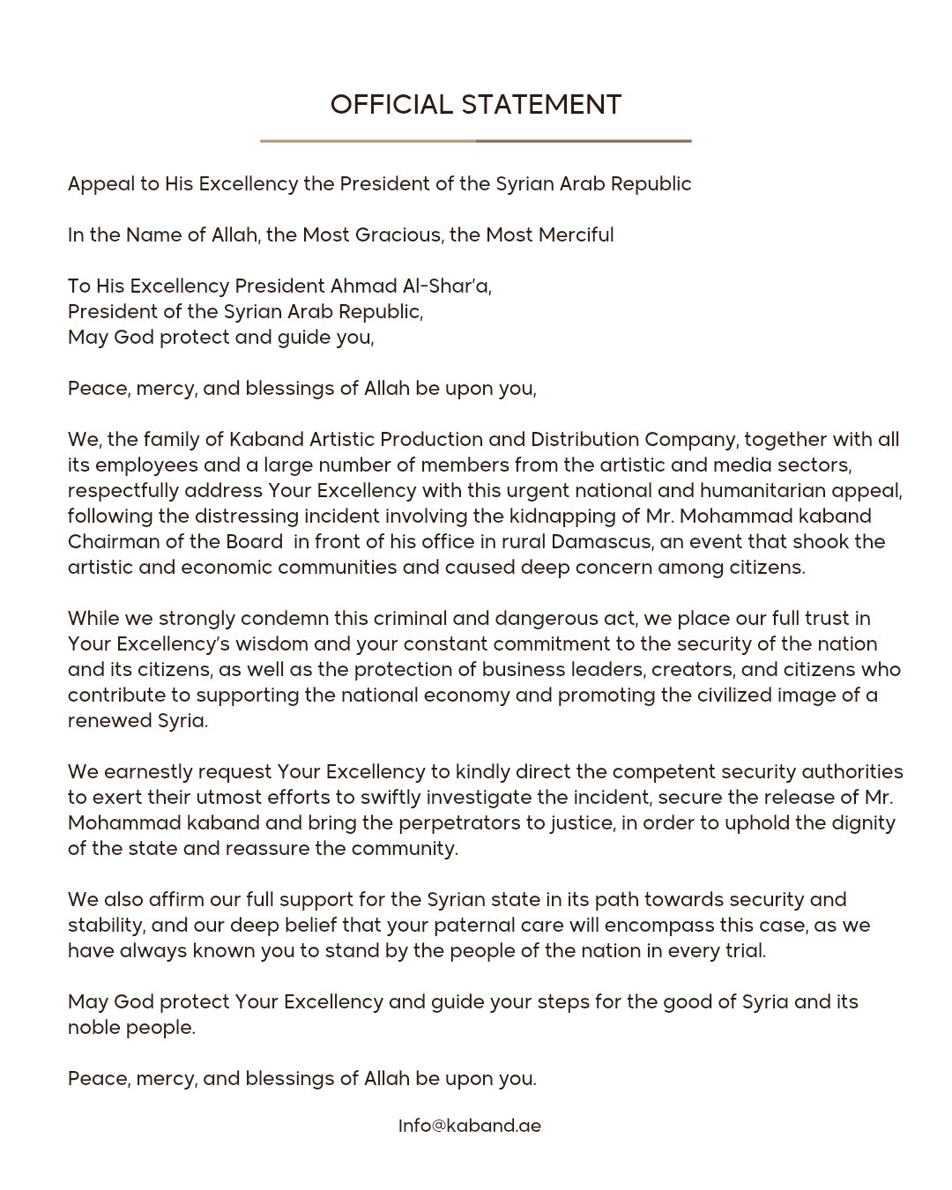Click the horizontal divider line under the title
click(x=476, y=140)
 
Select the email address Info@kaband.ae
click(x=470, y=1126)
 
